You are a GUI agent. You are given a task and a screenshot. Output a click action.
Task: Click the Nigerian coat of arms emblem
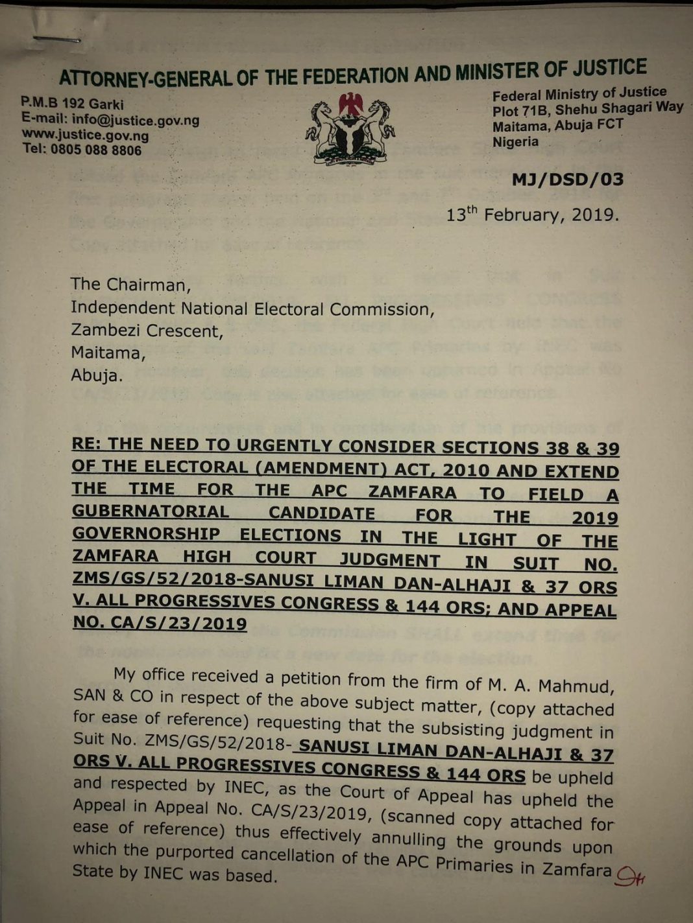(350, 128)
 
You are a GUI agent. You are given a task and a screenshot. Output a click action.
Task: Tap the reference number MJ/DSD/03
(567, 179)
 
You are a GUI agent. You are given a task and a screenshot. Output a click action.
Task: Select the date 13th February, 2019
(532, 215)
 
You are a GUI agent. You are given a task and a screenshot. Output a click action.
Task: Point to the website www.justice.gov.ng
(86, 135)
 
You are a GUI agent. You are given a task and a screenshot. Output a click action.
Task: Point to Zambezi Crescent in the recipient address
(146, 331)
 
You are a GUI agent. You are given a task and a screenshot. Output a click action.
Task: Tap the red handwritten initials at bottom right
(629, 878)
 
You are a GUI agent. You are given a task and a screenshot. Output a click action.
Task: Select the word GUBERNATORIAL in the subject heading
(151, 511)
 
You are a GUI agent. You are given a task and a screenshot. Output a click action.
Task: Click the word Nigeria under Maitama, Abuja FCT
(515, 141)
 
